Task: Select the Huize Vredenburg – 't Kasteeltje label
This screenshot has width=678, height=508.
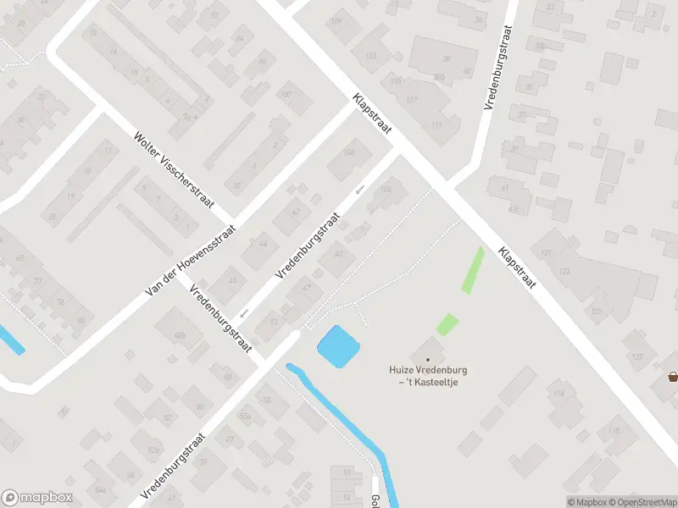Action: tap(428, 376)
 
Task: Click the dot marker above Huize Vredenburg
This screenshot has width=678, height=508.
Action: tap(428, 360)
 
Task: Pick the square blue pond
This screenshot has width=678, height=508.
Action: tap(338, 347)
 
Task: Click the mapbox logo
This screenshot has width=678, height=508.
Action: tap(36, 498)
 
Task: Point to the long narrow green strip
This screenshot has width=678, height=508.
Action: tap(473, 270)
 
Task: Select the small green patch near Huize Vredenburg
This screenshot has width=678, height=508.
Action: tap(447, 324)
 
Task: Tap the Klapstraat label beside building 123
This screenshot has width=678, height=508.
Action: tap(517, 267)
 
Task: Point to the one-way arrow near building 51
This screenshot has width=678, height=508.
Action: tap(244, 313)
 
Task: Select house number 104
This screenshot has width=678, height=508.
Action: tap(349, 153)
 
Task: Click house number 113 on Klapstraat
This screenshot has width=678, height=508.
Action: tap(370, 56)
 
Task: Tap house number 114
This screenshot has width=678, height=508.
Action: tap(558, 395)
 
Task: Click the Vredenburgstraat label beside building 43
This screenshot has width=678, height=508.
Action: tap(307, 246)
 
